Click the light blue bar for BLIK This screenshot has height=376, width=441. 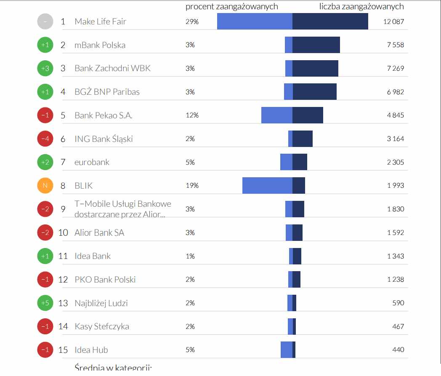click(x=267, y=186)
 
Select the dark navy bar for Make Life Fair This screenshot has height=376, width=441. click(x=330, y=21)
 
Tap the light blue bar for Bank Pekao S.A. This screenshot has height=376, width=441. click(x=277, y=115)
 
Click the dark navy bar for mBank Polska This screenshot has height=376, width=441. click(x=316, y=45)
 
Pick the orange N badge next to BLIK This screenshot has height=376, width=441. click(x=45, y=186)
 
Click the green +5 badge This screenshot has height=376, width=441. click(x=45, y=303)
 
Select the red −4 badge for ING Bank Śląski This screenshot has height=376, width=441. click(x=45, y=139)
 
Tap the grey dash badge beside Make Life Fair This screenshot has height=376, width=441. click(x=45, y=21)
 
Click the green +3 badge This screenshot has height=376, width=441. click(x=45, y=68)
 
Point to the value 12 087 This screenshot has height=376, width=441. click(x=393, y=21)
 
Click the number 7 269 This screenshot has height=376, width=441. click(x=396, y=68)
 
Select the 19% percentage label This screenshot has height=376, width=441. click(x=192, y=186)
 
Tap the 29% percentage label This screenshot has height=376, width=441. click(x=192, y=21)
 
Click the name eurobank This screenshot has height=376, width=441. click(x=92, y=162)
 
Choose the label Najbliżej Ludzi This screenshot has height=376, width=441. click(x=101, y=303)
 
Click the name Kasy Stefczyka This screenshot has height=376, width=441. click(x=102, y=326)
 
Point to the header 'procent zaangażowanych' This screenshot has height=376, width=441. click(x=232, y=6)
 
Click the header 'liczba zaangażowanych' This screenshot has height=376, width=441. click(x=361, y=6)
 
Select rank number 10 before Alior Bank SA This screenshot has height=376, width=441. click(x=63, y=232)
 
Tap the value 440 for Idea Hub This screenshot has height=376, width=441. click(x=398, y=349)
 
